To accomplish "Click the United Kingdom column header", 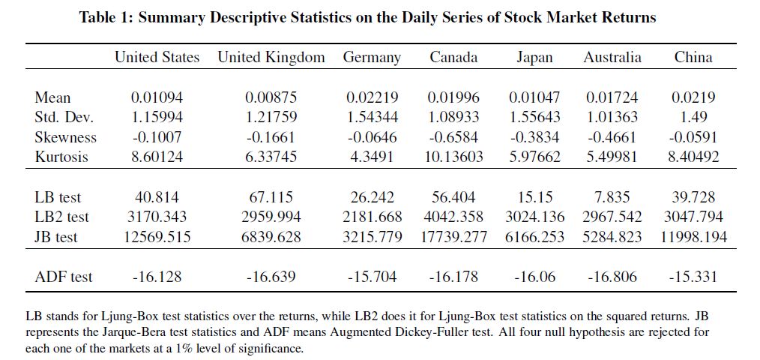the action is [271, 57].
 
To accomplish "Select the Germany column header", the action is [372, 58].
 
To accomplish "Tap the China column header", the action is [693, 57].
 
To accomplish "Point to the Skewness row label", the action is [65, 137].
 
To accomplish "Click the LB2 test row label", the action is [61, 217].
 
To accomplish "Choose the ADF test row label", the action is [63, 277].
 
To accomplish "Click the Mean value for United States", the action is [157, 97].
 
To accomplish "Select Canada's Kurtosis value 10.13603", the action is [453, 157].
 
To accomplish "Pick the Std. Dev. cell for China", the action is [693, 117].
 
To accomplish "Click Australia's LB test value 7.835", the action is [612, 197].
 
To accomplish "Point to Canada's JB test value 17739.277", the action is [453, 236].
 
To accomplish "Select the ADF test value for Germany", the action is [372, 277].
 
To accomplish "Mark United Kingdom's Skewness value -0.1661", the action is [271, 137].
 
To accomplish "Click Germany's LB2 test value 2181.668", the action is [372, 217].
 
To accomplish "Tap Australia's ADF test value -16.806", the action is [612, 277].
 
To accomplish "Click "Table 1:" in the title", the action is [106, 18].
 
